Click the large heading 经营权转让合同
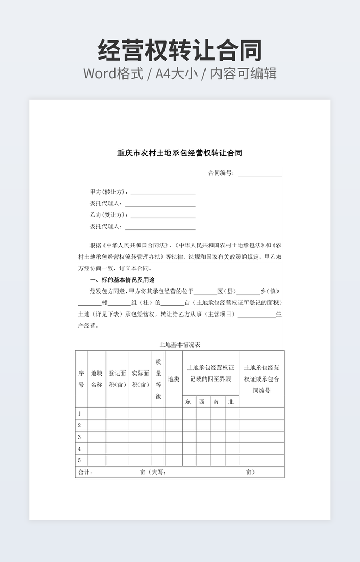point(179,51)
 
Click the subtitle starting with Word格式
point(179,73)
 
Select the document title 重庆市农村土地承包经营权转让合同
point(179,153)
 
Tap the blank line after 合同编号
point(259,173)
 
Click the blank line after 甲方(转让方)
point(163,193)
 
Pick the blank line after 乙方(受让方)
point(163,216)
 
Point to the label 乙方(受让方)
point(109,216)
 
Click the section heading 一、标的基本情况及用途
point(122,280)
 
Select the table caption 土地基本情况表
point(179,345)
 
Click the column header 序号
point(81,379)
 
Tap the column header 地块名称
point(96,379)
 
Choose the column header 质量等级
point(158,379)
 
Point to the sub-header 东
point(189,402)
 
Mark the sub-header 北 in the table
point(231,402)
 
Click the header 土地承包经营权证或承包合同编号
point(261,379)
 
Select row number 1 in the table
point(80,414)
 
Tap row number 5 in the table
point(80,460)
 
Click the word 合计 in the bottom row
point(85,472)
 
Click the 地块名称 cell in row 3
point(96,437)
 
